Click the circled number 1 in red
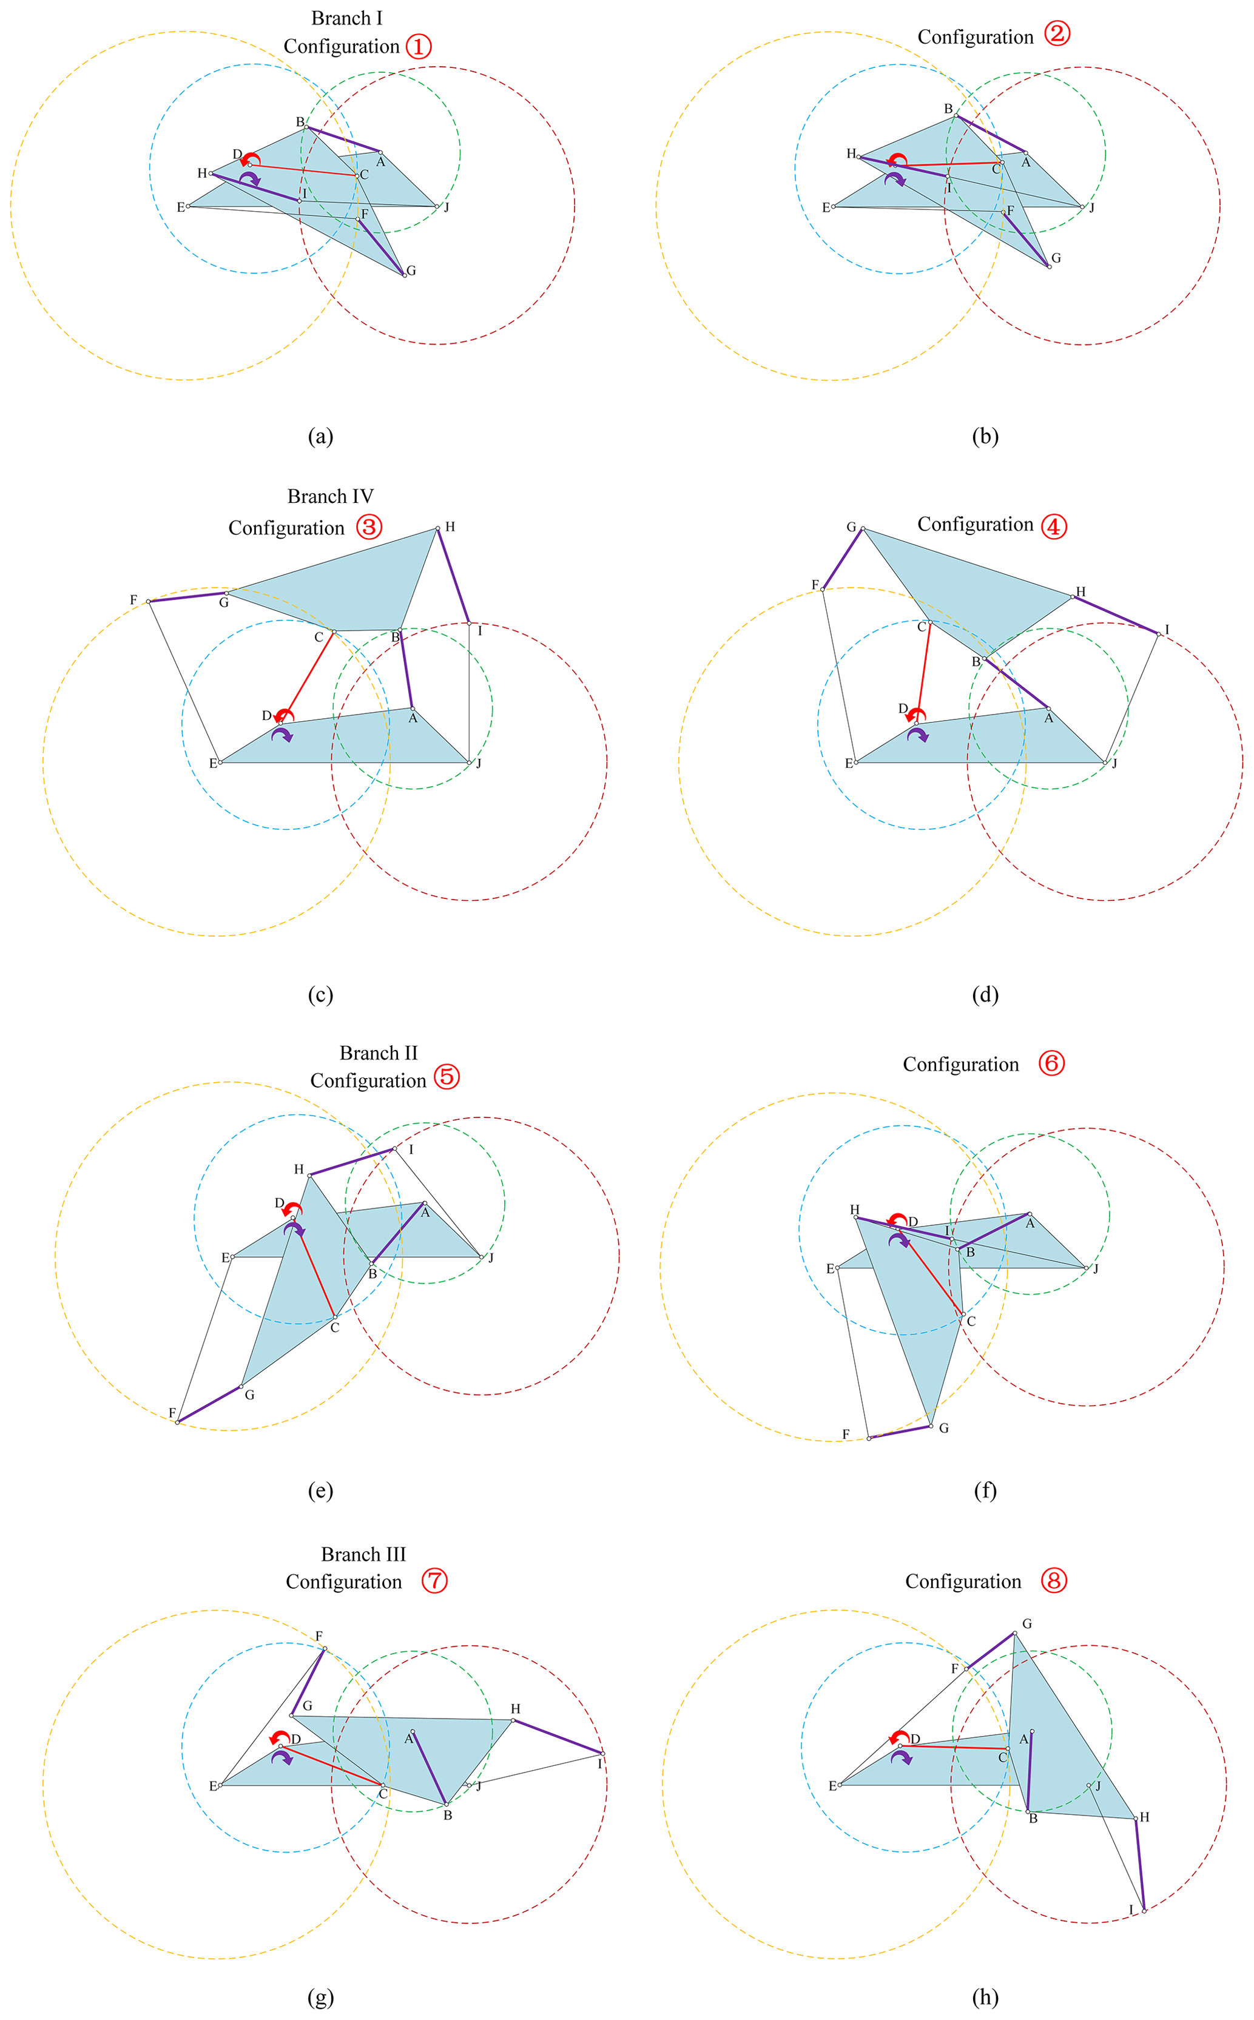(x=419, y=47)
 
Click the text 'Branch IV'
(x=330, y=496)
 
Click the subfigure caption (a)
(x=320, y=436)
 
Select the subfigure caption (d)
(x=985, y=994)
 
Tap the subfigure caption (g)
(x=320, y=1998)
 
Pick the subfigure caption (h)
(x=985, y=1998)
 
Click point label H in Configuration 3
(x=450, y=527)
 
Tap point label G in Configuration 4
(x=851, y=527)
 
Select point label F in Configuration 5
(x=172, y=1413)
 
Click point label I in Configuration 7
(x=599, y=1764)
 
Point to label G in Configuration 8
(x=1026, y=1624)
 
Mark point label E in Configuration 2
(x=825, y=207)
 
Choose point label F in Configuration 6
(x=846, y=1434)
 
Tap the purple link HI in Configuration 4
(x=1116, y=614)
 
